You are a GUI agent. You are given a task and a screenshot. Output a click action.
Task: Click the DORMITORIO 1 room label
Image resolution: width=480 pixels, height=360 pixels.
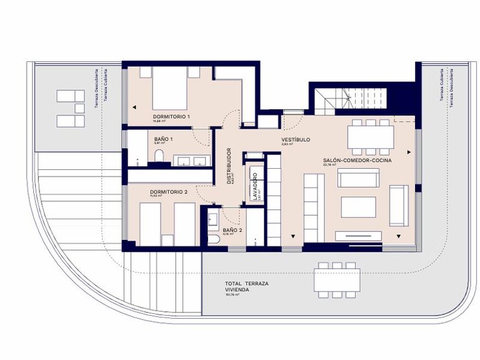coord(171,117)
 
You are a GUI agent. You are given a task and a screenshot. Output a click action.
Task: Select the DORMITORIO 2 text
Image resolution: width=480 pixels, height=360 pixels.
coord(169,191)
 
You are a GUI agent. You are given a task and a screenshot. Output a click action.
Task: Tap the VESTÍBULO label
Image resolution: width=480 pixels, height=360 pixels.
coord(296,139)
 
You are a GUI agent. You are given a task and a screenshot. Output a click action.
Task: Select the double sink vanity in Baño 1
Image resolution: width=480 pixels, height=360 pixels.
coord(191,161)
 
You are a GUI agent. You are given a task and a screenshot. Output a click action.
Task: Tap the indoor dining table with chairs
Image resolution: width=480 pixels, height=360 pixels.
coord(371,136)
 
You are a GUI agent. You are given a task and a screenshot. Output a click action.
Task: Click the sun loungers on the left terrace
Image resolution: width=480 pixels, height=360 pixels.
coord(70,108)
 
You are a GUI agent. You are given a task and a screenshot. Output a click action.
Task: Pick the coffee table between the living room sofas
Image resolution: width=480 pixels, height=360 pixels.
coord(357,207)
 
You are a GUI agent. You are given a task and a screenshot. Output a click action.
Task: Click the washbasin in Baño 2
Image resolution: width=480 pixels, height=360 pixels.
coord(212,218)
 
